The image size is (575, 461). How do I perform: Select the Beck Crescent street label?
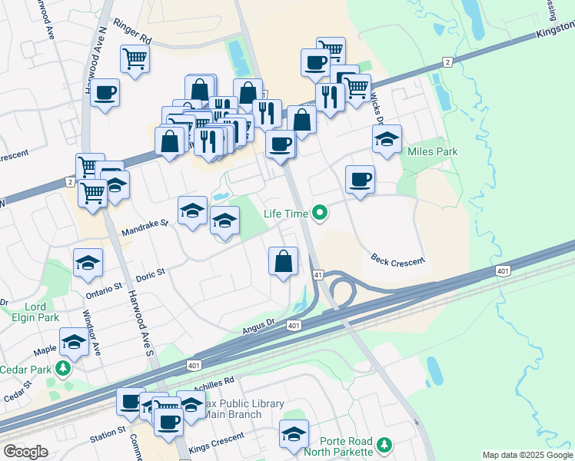coord(397,261)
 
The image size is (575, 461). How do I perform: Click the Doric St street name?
coord(150,274)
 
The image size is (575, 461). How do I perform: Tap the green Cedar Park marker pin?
coord(62,370)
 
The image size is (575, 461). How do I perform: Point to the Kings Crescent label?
coord(217,447)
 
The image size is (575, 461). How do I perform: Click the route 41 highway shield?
coord(317,274)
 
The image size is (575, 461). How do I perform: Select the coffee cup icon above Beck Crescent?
coord(360,181)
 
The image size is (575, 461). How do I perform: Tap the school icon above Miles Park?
coord(387,139)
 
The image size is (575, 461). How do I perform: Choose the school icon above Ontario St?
coord(88,263)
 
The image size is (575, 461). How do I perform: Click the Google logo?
coord(26,453)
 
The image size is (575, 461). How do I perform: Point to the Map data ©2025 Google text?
coord(527,455)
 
